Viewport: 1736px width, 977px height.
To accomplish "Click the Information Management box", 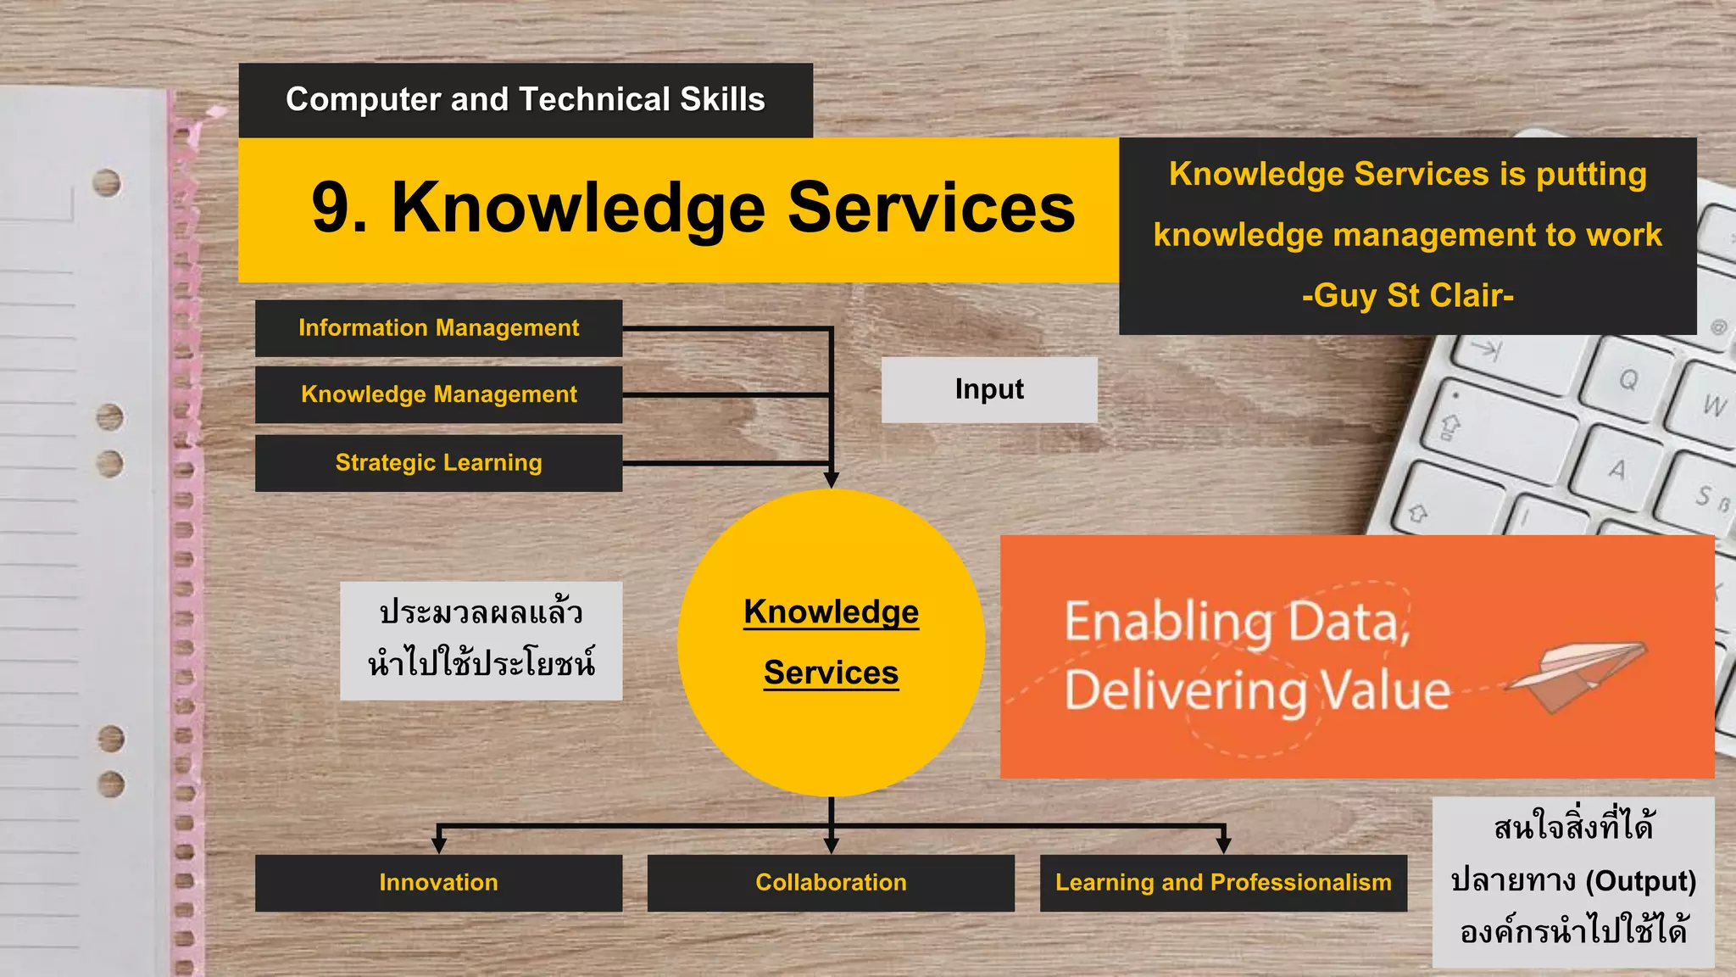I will click(x=438, y=328).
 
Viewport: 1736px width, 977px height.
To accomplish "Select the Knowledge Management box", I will click(x=438, y=394).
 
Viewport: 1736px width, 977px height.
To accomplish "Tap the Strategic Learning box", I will click(x=438, y=463).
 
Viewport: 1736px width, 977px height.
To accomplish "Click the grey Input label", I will click(x=989, y=389).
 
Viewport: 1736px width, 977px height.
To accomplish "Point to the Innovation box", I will click(x=438, y=883).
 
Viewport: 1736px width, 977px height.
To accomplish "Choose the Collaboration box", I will click(x=831, y=883).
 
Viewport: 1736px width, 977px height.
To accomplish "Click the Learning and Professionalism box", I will click(x=1223, y=883).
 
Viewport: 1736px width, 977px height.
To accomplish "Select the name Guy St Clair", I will click(x=1408, y=296).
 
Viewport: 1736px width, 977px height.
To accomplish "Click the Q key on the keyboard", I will click(x=1627, y=379).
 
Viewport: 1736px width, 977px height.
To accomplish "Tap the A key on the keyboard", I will click(x=1616, y=469).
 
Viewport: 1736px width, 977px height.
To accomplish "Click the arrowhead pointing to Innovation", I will click(x=438, y=845).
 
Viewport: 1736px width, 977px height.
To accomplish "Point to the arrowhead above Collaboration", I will click(x=831, y=845).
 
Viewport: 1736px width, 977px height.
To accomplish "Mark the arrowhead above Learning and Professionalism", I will click(x=1223, y=845).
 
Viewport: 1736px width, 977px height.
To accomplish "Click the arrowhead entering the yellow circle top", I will click(x=831, y=480).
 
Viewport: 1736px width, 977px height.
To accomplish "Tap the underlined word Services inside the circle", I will click(x=831, y=673).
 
